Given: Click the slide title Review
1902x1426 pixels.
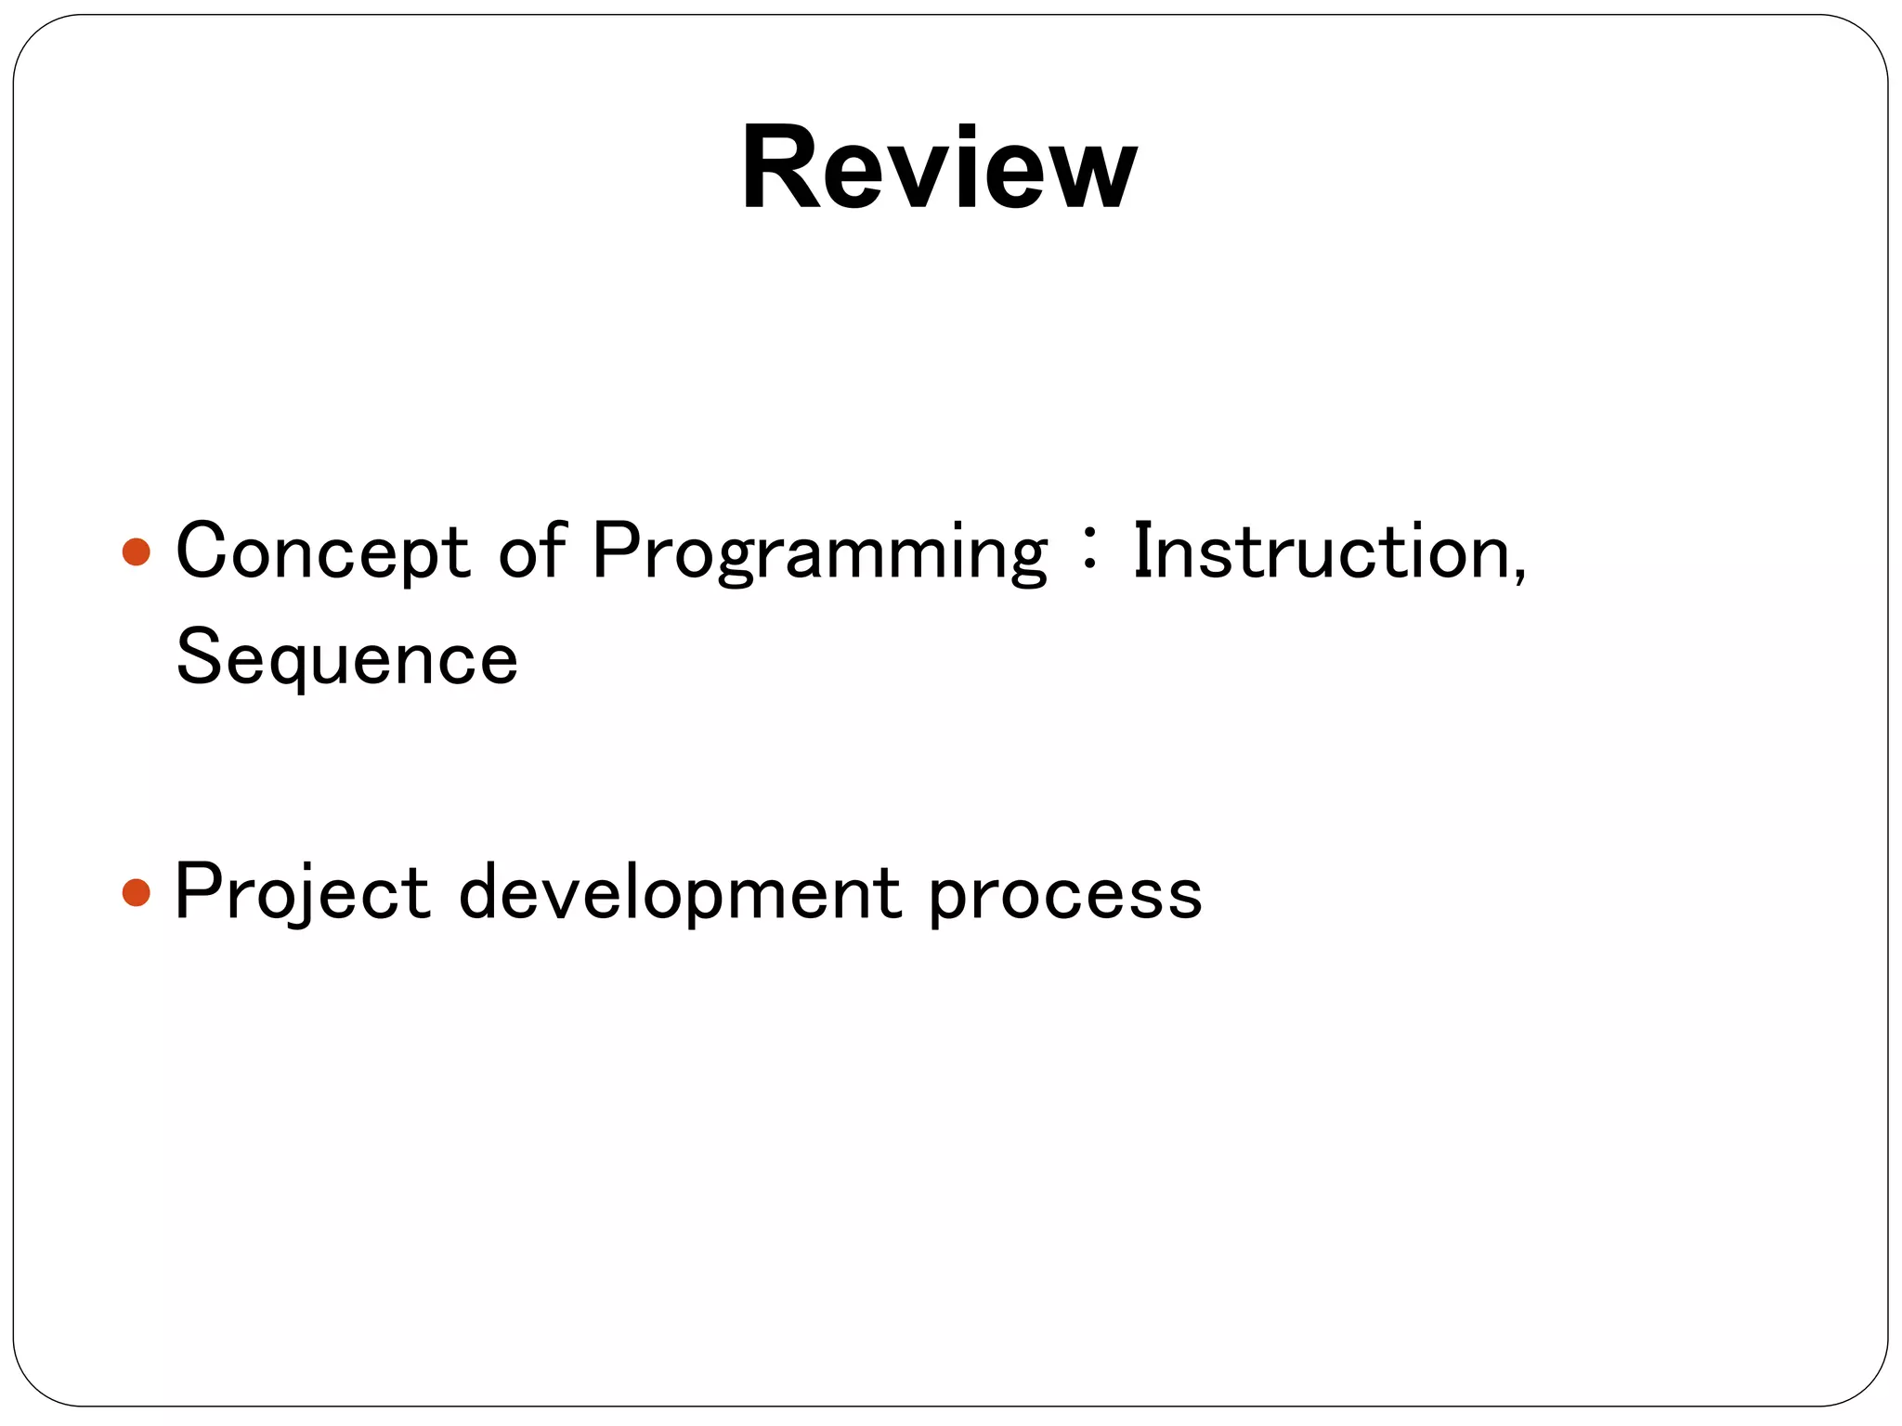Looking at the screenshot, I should (939, 169).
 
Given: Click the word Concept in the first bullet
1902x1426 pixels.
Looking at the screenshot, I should (322, 551).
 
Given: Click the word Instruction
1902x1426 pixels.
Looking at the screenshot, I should (1319, 551).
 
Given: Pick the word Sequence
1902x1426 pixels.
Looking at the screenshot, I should (346, 658).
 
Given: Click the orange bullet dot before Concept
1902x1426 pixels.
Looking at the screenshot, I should (136, 552).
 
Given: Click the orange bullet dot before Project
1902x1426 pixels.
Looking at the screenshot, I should (136, 893).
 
